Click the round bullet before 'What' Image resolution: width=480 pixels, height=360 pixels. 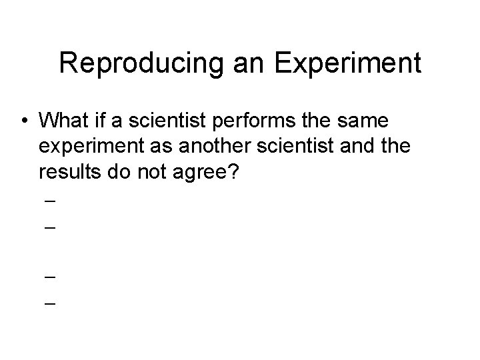[25, 121]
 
